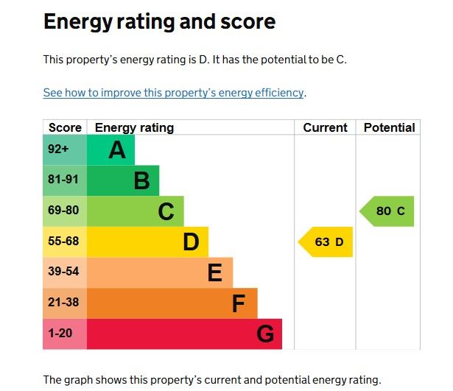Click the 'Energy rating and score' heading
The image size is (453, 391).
click(159, 22)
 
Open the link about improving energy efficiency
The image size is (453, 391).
click(173, 93)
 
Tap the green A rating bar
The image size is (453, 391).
click(111, 150)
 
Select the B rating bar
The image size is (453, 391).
click(123, 180)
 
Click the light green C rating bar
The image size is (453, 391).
click(136, 211)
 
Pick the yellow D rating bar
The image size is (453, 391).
click(147, 242)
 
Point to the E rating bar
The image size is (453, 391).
click(160, 272)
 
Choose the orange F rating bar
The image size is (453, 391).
click(172, 303)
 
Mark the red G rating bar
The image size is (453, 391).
click(184, 334)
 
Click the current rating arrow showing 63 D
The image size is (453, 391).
click(326, 242)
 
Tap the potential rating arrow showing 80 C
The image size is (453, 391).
click(388, 211)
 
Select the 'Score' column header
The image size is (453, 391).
click(65, 127)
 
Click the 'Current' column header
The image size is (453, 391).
click(325, 127)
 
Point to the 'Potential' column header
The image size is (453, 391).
click(389, 127)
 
